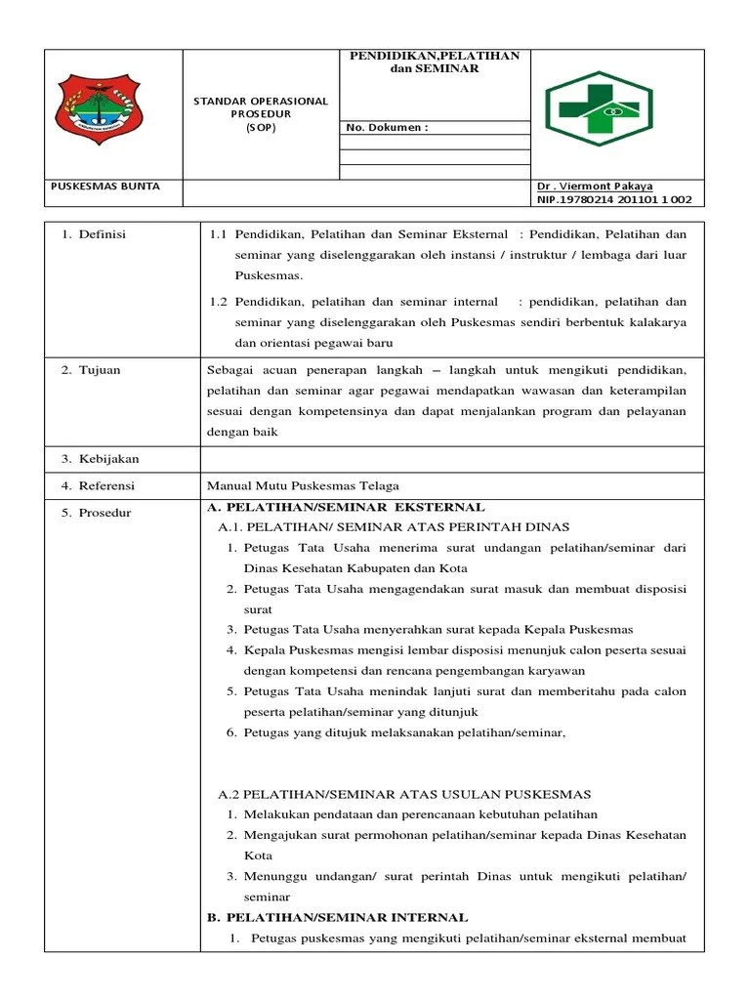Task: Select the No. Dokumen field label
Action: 388,127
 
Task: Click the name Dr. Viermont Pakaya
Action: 595,186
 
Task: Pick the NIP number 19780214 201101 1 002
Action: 614,199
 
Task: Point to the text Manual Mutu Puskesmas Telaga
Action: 303,485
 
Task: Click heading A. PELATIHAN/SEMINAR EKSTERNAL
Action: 346,507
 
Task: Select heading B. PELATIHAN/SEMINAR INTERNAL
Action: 337,917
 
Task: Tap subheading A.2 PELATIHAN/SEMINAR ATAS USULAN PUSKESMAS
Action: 404,794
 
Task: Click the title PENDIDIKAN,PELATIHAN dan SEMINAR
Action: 435,62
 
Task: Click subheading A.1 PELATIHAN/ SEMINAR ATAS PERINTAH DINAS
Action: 394,527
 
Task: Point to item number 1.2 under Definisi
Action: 218,302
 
